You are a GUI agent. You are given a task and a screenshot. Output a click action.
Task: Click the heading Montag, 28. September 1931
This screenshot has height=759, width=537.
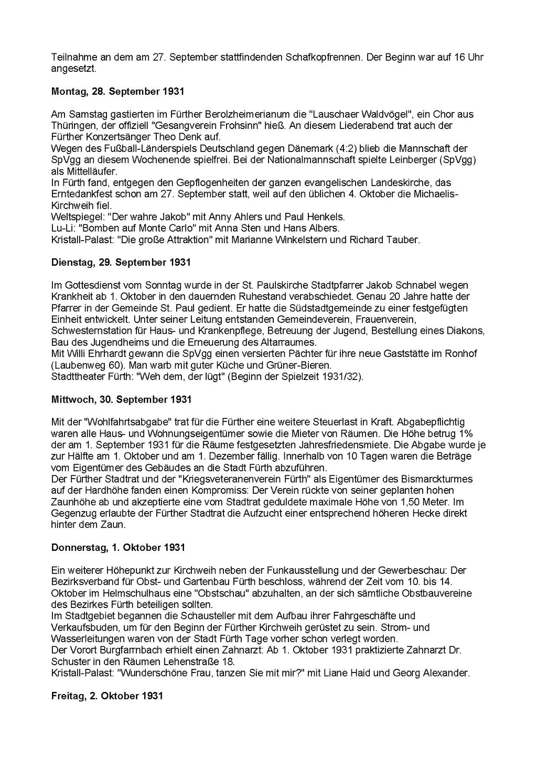coord(117,91)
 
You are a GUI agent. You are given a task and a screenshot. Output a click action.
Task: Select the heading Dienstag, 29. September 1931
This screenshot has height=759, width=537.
coord(121,262)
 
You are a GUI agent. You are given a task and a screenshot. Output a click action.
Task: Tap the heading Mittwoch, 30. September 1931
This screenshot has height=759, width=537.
coord(121,399)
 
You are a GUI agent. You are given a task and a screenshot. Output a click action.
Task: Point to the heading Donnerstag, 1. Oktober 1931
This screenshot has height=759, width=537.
coord(118,548)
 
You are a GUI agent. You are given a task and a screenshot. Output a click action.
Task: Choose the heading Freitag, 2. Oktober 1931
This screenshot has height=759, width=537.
coord(107,696)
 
